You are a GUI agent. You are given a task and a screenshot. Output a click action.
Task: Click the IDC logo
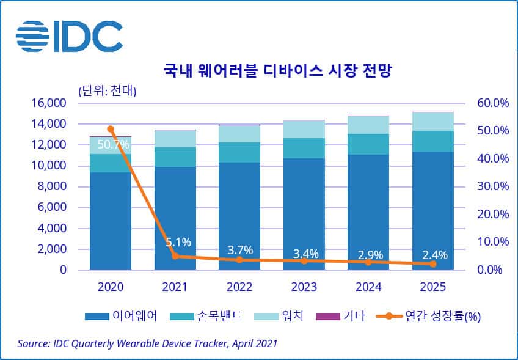pyautogui.click(x=69, y=36)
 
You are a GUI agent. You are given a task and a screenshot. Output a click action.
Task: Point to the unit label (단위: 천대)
pyautogui.click(x=108, y=91)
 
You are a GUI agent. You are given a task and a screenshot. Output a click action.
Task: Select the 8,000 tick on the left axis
pyautogui.click(x=52, y=186)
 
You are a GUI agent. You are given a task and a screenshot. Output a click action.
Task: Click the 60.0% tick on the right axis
pyautogui.click(x=492, y=103)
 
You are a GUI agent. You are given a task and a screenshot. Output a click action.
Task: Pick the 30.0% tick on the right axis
pyautogui.click(x=492, y=186)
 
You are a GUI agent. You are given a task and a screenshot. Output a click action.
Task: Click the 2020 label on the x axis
pyautogui.click(x=111, y=287)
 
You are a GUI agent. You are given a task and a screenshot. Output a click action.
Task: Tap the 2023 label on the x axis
pyautogui.click(x=304, y=287)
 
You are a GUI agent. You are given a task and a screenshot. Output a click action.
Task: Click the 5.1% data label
pyautogui.click(x=178, y=243)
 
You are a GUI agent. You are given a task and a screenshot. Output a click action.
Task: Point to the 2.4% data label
pyautogui.click(x=435, y=255)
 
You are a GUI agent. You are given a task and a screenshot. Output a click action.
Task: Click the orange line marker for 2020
pyautogui.click(x=111, y=129)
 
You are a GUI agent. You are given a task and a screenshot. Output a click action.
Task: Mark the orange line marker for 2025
pyautogui.click(x=433, y=264)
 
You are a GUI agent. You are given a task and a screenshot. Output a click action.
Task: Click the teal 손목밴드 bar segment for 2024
pyautogui.click(x=368, y=144)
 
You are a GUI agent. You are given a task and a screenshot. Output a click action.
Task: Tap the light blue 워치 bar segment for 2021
pyautogui.click(x=175, y=139)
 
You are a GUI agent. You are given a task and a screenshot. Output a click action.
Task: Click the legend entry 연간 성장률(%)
pyautogui.click(x=434, y=316)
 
